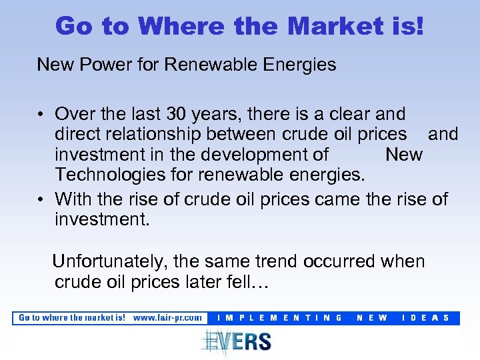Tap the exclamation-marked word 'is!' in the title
click(x=407, y=26)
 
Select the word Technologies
click(x=113, y=175)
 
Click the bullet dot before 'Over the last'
click(x=41, y=115)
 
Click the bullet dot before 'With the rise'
click(x=41, y=199)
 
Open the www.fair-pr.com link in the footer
click(x=167, y=318)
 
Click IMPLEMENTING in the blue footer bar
click(x=280, y=318)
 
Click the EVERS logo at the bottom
click(x=236, y=341)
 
